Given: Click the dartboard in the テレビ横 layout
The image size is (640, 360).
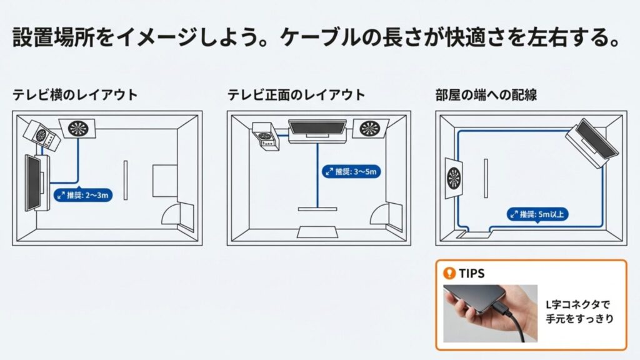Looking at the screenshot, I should pyautogui.click(x=78, y=128).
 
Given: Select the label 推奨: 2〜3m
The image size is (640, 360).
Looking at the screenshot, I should pyautogui.click(x=83, y=196).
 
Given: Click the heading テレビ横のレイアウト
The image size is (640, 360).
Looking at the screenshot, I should pyautogui.click(x=75, y=95).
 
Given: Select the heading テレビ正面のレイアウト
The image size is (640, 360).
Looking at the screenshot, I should pyautogui.click(x=296, y=95).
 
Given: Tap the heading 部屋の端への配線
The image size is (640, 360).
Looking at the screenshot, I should pyautogui.click(x=486, y=95).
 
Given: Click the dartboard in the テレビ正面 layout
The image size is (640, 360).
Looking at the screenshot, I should pyautogui.click(x=370, y=129).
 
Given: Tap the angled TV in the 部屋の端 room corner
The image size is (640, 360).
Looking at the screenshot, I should pyautogui.click(x=592, y=143).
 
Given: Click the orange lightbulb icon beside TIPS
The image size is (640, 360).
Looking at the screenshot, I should pyautogui.click(x=447, y=273).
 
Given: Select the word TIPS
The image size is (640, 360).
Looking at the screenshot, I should pyautogui.click(x=472, y=273).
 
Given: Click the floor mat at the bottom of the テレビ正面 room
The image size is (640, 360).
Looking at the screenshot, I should pyautogui.click(x=317, y=232).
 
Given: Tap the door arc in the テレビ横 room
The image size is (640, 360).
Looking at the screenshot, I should pyautogui.click(x=171, y=214).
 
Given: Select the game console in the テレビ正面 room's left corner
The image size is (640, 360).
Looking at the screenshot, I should pyautogui.click(x=266, y=137).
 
